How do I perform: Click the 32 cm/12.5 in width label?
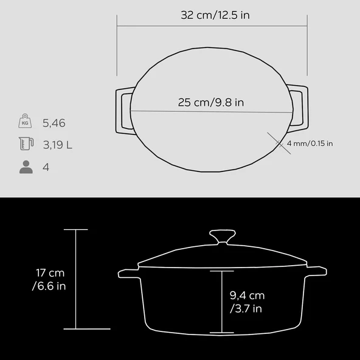click(x=215, y=15)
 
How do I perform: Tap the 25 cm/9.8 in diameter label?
click(x=211, y=102)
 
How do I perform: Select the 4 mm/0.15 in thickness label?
click(x=310, y=144)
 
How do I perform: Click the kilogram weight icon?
click(x=25, y=121)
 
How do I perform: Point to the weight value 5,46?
click(x=54, y=123)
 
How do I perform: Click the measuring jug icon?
click(x=26, y=144)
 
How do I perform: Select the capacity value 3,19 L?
click(x=58, y=145)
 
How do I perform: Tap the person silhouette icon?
click(x=26, y=167)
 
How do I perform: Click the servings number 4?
click(x=46, y=167)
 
